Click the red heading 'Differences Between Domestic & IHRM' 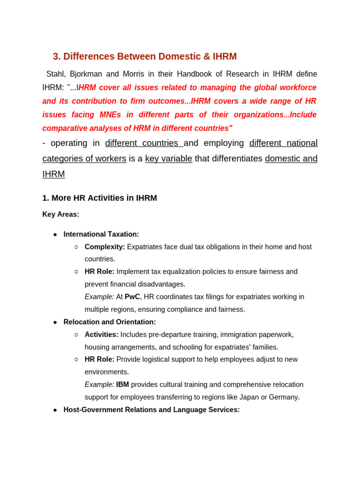click(150, 57)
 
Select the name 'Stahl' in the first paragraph click(56, 74)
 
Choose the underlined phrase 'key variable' click(168, 158)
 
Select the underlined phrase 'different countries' click(143, 143)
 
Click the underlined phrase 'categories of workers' click(84, 158)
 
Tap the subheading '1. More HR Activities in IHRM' click(99, 198)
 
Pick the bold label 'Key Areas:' click(60, 214)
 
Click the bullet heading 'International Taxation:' click(101, 234)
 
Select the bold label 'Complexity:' click(105, 247)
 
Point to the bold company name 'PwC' click(132, 297)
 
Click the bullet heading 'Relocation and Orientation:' click(110, 322)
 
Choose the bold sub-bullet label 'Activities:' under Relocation click(101, 335)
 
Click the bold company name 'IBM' click(122, 385)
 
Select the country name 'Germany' click(285, 397)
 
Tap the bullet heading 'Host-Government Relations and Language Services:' click(151, 410)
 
